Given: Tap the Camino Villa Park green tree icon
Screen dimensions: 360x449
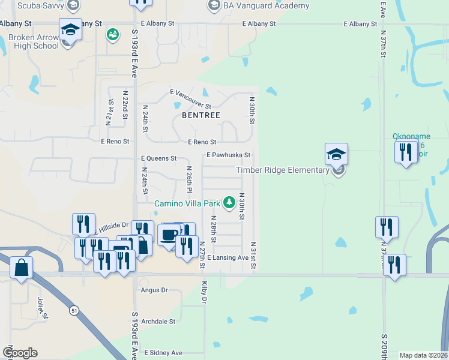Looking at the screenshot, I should [x=229, y=203].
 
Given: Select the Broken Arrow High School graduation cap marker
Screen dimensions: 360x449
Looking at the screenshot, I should [x=70, y=29].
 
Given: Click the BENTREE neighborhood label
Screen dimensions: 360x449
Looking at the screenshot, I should [x=201, y=115].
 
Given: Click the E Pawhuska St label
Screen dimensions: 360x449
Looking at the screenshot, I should [x=228, y=155].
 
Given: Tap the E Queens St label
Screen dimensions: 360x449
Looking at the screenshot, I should [x=158, y=158].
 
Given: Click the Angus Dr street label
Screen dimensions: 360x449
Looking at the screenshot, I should [x=154, y=290].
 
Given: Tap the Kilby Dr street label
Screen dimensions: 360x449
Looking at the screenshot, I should [x=205, y=292].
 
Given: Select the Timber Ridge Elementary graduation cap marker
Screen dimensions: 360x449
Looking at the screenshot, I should [x=336, y=154].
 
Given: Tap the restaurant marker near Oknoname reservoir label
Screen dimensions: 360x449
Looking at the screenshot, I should [x=406, y=152].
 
